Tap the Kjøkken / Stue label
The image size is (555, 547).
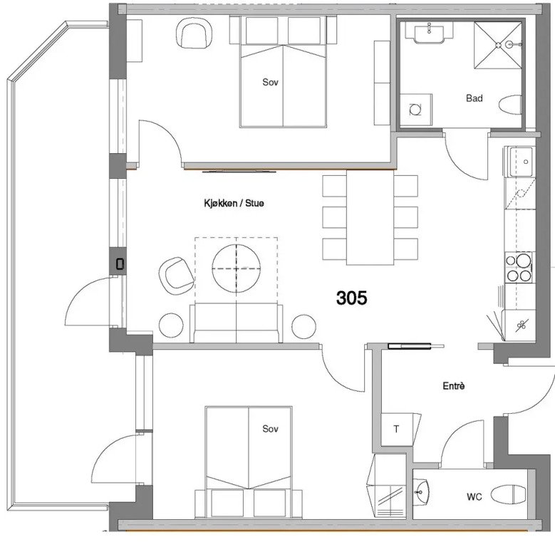tap(234, 203)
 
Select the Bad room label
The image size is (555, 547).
tap(474, 98)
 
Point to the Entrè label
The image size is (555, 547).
tap(453, 385)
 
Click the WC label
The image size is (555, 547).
tap(474, 496)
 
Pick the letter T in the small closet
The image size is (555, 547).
tap(396, 429)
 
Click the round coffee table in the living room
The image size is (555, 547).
tap(237, 269)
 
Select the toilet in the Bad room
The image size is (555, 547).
tap(510, 105)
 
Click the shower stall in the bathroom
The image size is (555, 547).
tap(498, 45)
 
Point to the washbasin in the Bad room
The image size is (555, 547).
tap(429, 34)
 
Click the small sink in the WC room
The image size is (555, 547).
tap(421, 491)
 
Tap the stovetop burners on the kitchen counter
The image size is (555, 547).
tap(519, 268)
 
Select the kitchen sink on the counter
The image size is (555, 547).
tap(520, 162)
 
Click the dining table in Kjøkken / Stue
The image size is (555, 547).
tap(370, 218)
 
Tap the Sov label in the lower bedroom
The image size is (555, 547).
tap(270, 429)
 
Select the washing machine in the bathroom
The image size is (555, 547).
tap(416, 110)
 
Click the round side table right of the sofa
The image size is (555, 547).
tap(304, 326)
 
